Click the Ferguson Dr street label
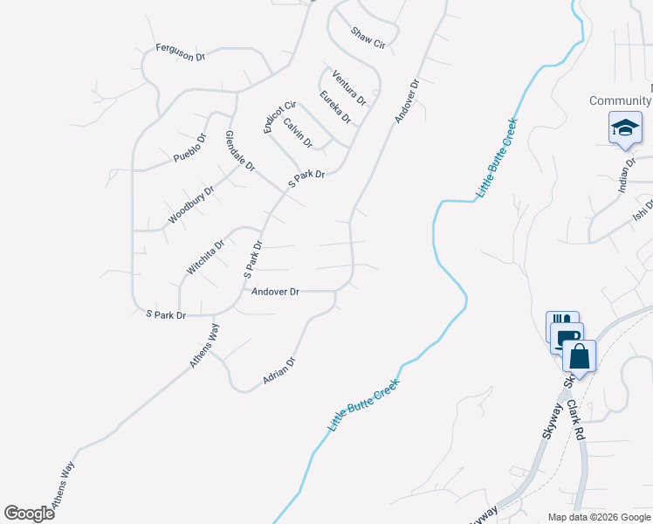[180, 52]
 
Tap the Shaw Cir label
[368, 38]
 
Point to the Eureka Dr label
[334, 107]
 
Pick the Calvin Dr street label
[297, 134]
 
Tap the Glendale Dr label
[239, 149]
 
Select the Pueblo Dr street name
[189, 148]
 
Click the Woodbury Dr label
[191, 204]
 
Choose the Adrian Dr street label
[279, 371]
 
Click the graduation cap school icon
[625, 128]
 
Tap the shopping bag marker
[578, 355]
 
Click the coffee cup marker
[566, 338]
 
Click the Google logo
[29, 514]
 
